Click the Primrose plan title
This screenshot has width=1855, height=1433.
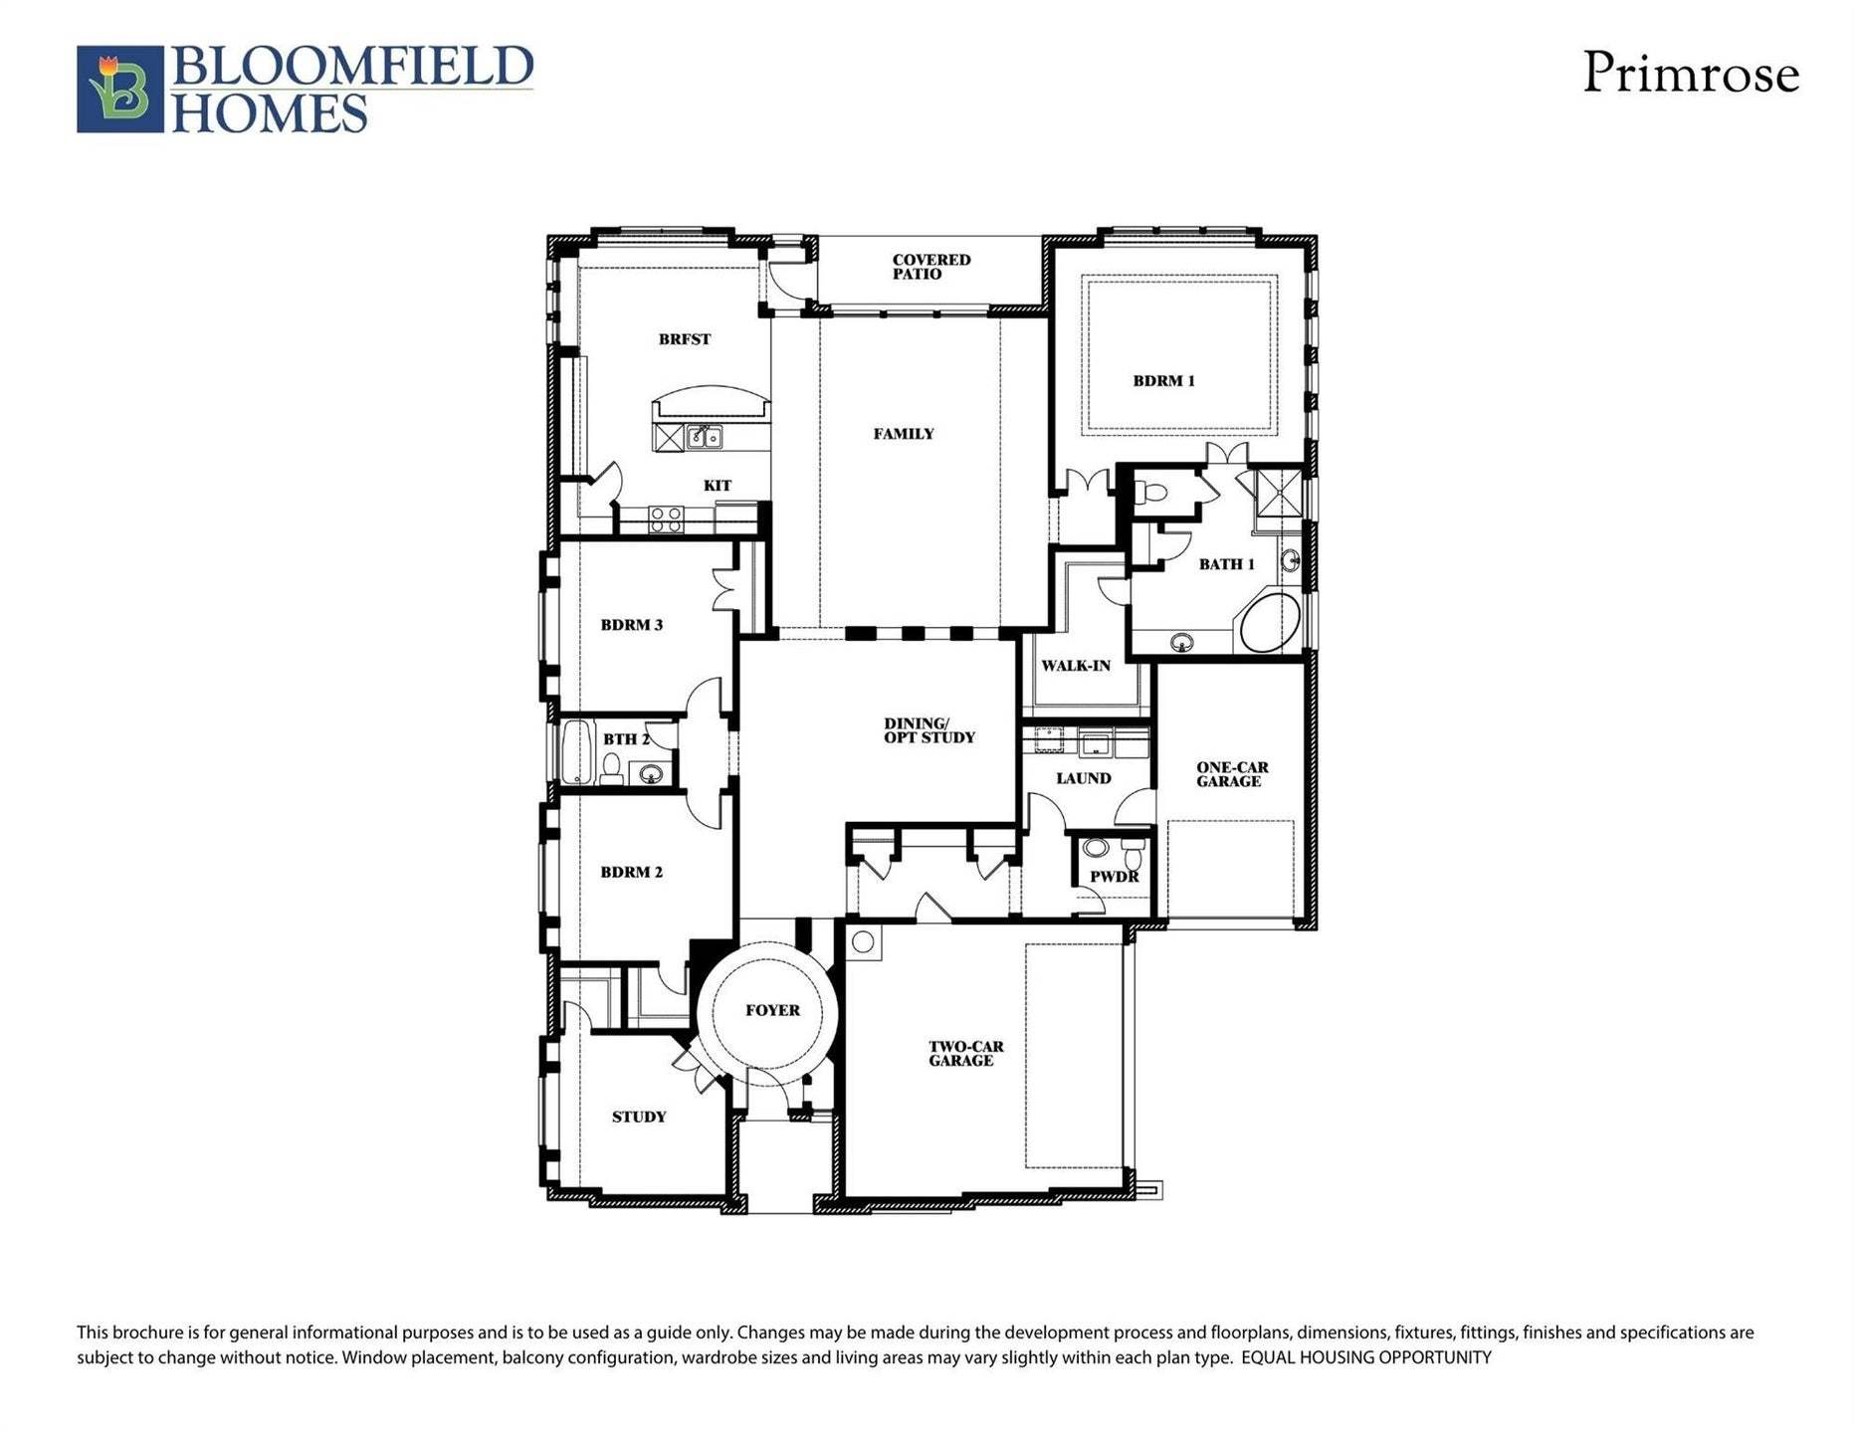[1690, 74]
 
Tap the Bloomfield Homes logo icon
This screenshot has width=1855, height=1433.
[119, 89]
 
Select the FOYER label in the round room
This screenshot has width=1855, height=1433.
[772, 1010]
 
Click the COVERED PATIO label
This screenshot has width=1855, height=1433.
[930, 267]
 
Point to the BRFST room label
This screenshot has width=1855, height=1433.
[685, 339]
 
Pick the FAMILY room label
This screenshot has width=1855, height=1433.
[904, 434]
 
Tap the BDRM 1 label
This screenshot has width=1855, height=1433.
[1163, 380]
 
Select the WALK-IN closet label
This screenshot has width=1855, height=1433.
[1075, 666]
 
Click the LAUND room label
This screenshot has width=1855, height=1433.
[1083, 778]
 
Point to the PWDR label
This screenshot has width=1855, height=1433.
[1114, 877]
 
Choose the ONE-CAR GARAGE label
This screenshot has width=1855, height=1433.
[1231, 774]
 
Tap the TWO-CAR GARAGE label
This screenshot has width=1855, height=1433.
[964, 1054]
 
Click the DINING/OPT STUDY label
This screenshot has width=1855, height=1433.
[928, 730]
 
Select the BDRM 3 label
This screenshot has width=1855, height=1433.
[631, 625]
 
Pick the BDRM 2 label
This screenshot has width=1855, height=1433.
[631, 872]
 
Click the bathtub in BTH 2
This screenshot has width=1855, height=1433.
[576, 752]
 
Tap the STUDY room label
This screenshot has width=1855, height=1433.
[638, 1117]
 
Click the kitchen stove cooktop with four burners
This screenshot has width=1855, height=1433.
[666, 518]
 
